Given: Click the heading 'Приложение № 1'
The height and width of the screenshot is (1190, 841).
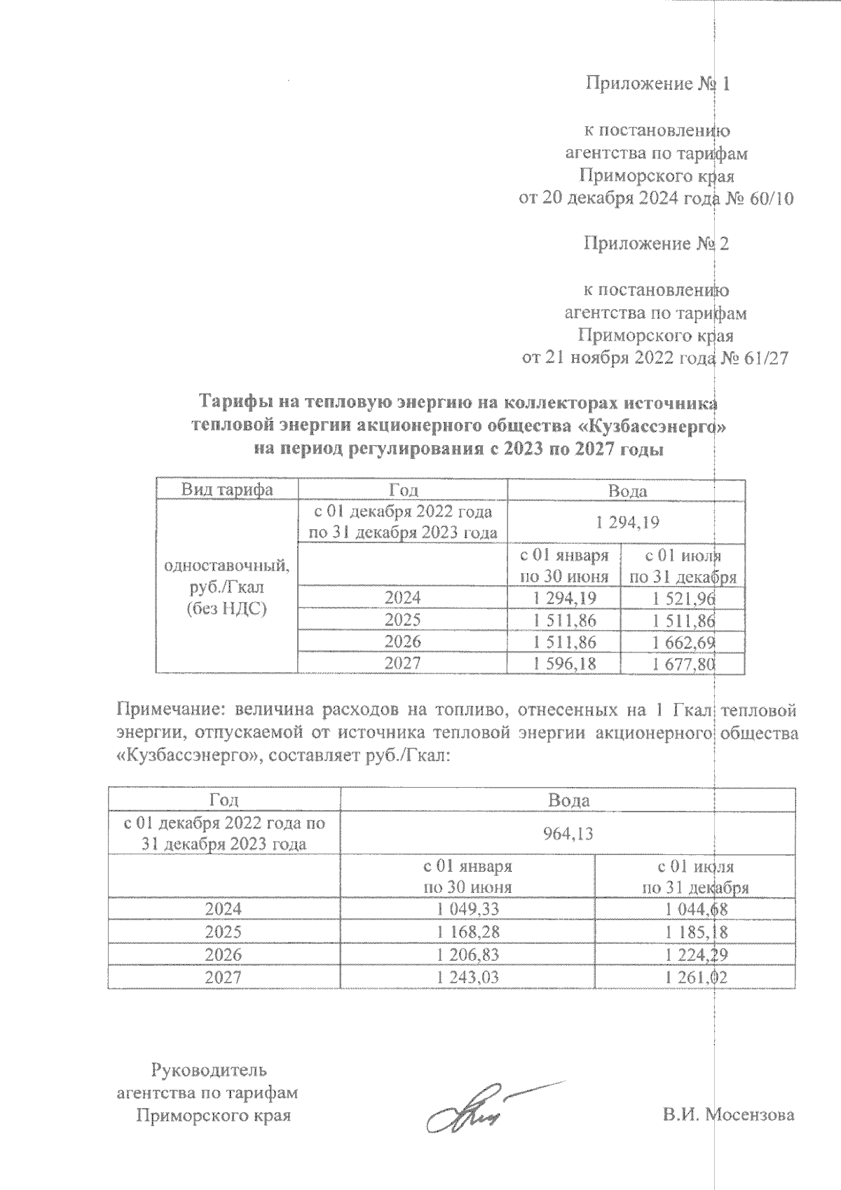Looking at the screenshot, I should point(657,84).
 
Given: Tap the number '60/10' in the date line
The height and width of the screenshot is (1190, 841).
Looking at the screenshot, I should point(770,199).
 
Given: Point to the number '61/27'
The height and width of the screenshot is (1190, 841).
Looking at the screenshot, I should point(765,358).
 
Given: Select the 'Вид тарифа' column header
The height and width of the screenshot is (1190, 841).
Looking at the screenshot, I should point(227,490).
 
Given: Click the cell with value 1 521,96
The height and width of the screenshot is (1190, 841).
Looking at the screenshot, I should point(683,598).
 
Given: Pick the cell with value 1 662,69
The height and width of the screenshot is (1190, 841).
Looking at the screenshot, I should point(683,642).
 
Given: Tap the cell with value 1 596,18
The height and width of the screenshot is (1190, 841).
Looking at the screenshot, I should point(565,664).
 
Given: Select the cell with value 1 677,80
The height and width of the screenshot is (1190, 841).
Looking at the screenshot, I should point(683,664).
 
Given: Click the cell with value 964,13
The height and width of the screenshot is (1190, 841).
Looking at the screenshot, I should point(568,833).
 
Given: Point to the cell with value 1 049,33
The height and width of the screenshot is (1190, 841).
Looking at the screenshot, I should point(467,910).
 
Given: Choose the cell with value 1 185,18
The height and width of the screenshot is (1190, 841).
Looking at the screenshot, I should point(695,932).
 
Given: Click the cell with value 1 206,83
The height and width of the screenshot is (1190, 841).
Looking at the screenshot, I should point(467,955).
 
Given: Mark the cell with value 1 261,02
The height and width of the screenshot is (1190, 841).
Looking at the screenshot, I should point(695,977).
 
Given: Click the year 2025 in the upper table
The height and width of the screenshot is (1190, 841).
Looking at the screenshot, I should point(402,620).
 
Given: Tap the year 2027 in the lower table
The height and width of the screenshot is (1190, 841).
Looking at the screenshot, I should point(223,977).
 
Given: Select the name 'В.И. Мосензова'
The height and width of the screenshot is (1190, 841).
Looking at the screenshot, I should point(729,1114).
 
